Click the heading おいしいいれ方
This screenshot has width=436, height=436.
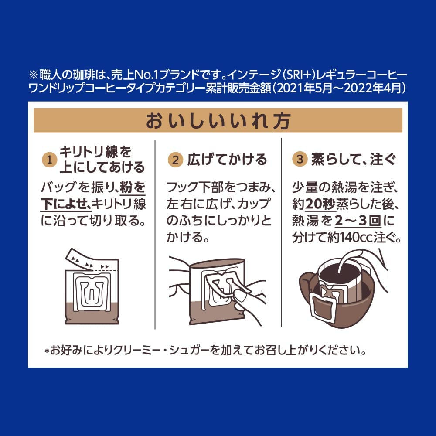pyautogui.click(x=218, y=120)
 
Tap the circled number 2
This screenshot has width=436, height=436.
pyautogui.click(x=175, y=160)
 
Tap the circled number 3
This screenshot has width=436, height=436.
pyautogui.click(x=299, y=160)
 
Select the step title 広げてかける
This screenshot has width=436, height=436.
pyautogui.click(x=227, y=160)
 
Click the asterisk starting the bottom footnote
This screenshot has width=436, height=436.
pyautogui.click(x=47, y=351)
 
